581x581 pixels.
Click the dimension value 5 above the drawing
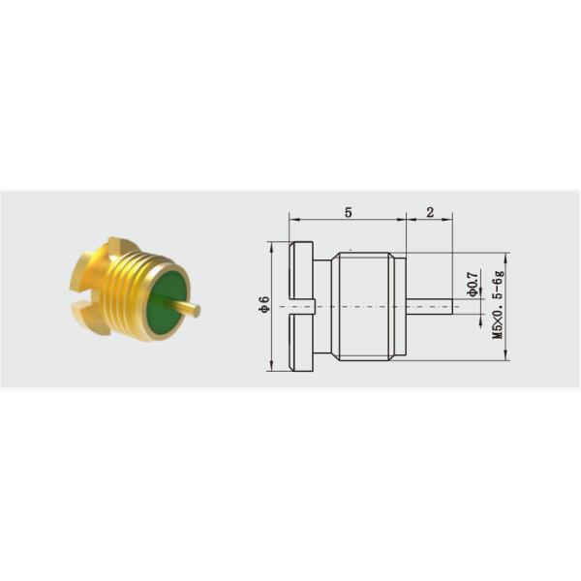[346, 210]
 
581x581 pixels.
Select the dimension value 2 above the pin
[430, 210]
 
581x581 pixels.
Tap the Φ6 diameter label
[263, 305]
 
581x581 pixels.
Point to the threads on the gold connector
[126, 281]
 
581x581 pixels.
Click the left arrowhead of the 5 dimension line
[290, 219]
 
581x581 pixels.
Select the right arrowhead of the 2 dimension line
[450, 219]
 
